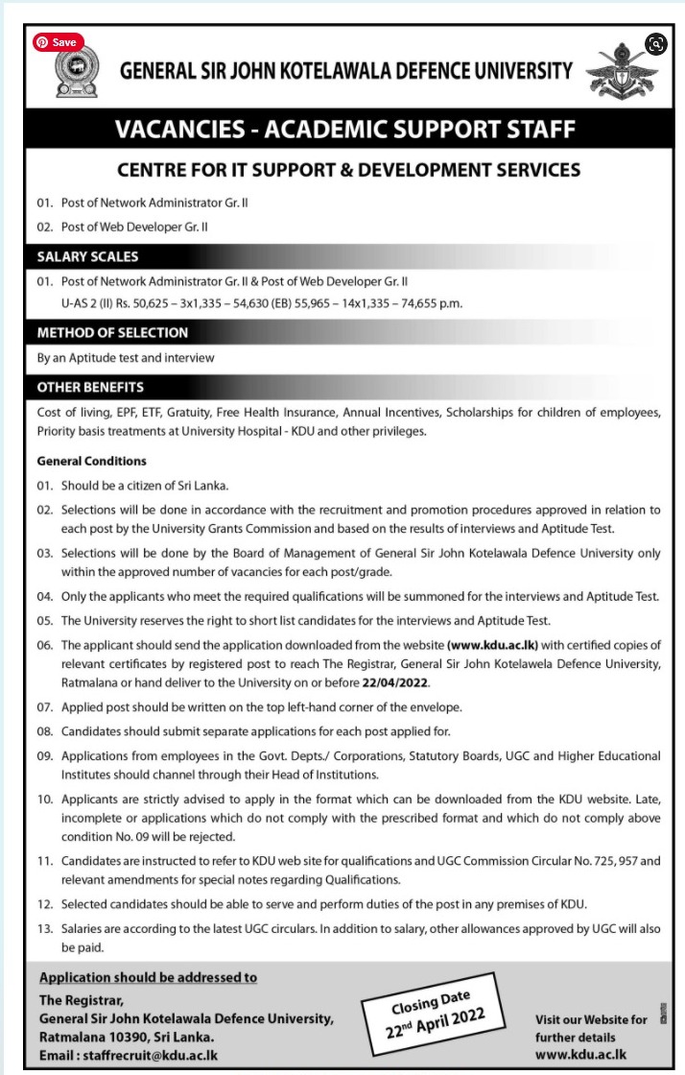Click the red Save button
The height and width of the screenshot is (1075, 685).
(58, 42)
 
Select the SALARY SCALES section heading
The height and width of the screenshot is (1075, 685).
(87, 257)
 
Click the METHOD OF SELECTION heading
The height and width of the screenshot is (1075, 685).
(112, 333)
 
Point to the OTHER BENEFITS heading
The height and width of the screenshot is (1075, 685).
(90, 388)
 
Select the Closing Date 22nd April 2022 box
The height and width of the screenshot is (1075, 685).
(433, 1012)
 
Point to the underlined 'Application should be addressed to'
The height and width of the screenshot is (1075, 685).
(148, 978)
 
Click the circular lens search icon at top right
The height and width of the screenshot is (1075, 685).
(656, 43)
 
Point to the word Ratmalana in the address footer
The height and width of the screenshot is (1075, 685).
(73, 1038)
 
